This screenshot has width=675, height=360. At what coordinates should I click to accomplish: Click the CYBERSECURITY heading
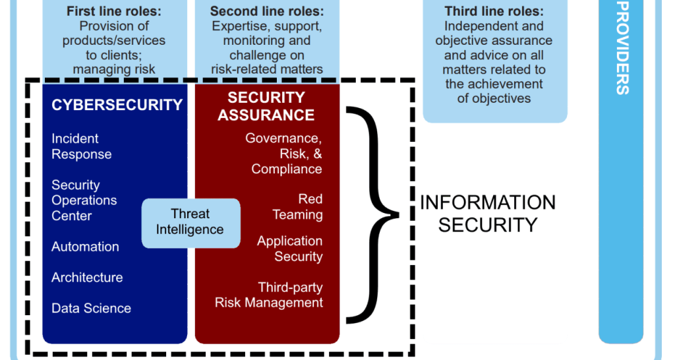point(117,105)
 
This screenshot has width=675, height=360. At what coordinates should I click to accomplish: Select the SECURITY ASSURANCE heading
point(266,106)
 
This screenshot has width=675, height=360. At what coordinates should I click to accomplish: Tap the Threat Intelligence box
point(191,222)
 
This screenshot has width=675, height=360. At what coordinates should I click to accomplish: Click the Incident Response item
point(82,146)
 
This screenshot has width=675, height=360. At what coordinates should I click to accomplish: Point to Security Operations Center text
point(84,200)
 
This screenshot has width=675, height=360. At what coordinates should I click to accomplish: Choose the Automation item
point(86,247)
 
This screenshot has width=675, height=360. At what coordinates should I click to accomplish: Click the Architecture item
point(87,278)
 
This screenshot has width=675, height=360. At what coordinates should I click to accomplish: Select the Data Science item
point(91,308)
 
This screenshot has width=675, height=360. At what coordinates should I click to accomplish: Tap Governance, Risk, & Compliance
point(283,154)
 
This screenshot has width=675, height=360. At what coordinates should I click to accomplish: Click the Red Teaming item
point(298,207)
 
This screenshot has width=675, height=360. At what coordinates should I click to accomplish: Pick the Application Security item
point(290,249)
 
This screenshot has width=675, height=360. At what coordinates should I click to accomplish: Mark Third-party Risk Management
point(270,295)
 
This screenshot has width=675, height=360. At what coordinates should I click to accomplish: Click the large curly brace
point(373,214)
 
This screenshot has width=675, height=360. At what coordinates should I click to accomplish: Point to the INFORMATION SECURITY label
point(488,214)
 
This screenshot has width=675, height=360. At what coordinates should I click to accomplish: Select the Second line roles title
point(267,12)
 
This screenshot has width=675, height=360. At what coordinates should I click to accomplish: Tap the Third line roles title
point(494,12)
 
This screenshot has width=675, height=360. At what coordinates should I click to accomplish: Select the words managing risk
point(114,69)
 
